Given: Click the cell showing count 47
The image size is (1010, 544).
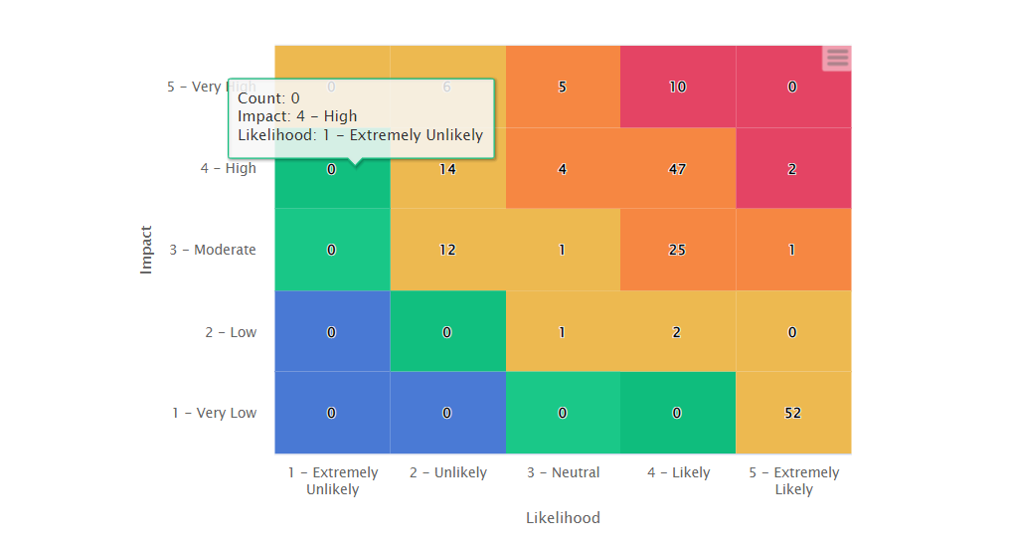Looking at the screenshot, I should [x=677, y=168].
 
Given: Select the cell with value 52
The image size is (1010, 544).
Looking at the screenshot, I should [x=792, y=413].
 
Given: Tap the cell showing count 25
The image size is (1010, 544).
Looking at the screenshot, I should [x=677, y=250].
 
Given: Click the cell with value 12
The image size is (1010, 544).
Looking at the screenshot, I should [x=447, y=250].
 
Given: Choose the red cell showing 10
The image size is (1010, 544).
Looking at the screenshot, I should [x=677, y=87].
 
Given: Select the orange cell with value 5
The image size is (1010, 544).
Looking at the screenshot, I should [x=562, y=87].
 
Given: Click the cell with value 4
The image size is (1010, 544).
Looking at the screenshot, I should [x=562, y=168].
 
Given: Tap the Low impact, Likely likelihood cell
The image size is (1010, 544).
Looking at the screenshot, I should [x=677, y=332].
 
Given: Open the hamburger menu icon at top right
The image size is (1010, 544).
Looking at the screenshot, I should [x=837, y=58].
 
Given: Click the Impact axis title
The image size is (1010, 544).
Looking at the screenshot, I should [x=146, y=250].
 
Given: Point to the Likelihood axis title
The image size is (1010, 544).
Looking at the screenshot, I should [x=563, y=517].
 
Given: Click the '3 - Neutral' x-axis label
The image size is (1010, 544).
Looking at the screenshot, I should [x=563, y=472].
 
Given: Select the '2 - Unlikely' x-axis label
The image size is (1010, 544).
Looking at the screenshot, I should [x=447, y=472].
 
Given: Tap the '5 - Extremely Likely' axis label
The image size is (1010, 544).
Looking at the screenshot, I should [x=793, y=480].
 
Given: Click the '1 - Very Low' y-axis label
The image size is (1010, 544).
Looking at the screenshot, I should [x=214, y=413].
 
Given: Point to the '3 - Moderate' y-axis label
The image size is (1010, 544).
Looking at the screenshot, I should [x=212, y=250].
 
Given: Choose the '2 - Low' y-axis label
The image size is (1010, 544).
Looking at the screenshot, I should [x=230, y=332].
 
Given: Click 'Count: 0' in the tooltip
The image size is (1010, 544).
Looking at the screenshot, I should [x=268, y=98].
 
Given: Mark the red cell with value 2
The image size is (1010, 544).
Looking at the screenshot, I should [x=792, y=168].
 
